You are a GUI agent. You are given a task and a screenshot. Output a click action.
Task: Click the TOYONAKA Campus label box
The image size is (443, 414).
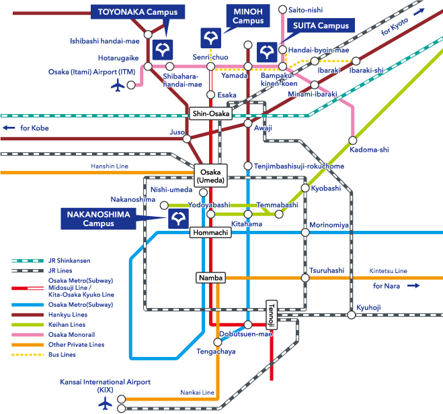click(x=133, y=12)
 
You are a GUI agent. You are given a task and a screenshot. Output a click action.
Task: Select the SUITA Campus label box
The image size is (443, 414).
click(x=319, y=25)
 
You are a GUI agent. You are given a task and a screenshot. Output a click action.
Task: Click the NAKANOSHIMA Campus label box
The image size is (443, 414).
click(x=99, y=217)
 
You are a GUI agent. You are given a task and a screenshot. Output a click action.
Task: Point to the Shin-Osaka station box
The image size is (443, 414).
click(x=211, y=113)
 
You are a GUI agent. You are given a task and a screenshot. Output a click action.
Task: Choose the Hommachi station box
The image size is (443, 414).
click(x=211, y=232)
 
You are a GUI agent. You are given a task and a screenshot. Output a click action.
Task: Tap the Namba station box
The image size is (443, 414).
click(x=211, y=277)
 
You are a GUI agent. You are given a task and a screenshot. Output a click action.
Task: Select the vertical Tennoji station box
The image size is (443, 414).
click(x=272, y=311)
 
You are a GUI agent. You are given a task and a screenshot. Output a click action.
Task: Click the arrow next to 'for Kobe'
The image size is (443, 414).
click(x=9, y=127)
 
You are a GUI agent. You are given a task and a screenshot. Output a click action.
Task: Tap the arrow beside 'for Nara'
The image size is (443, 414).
click(x=413, y=285)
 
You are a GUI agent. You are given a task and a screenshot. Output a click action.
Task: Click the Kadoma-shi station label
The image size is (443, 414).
click(x=370, y=150)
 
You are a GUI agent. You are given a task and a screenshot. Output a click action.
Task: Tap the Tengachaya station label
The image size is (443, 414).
click(x=216, y=351)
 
